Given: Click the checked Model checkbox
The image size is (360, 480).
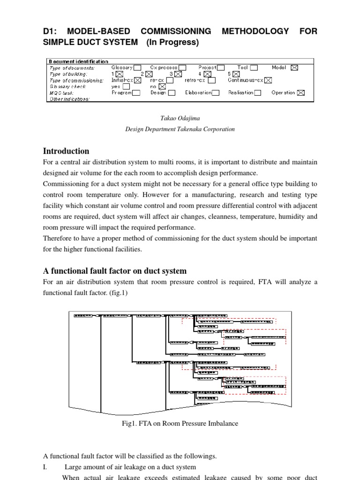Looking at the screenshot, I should [x=294, y=67].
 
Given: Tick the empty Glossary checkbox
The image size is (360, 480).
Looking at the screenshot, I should [x=137, y=67].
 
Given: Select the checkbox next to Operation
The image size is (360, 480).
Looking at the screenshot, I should [x=300, y=93].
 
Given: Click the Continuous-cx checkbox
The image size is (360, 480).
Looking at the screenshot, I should [x=268, y=80].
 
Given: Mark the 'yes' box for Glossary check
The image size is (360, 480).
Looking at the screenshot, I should [x=127, y=86].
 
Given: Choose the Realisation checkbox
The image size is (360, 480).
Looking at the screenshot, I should [x=257, y=93].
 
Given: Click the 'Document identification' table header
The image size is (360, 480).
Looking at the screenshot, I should [x=78, y=61].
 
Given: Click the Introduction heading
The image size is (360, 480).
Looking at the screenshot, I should [x=66, y=151].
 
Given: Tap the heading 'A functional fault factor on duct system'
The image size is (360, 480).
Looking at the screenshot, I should [x=115, y=271].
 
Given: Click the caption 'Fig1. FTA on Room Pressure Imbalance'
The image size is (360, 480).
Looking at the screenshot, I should [x=180, y=423].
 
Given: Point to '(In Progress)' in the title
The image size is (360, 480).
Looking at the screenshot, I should [x=172, y=43].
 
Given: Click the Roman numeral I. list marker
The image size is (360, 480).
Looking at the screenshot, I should [x=45, y=467].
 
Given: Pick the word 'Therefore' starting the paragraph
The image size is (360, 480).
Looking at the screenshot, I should [x=59, y=239].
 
